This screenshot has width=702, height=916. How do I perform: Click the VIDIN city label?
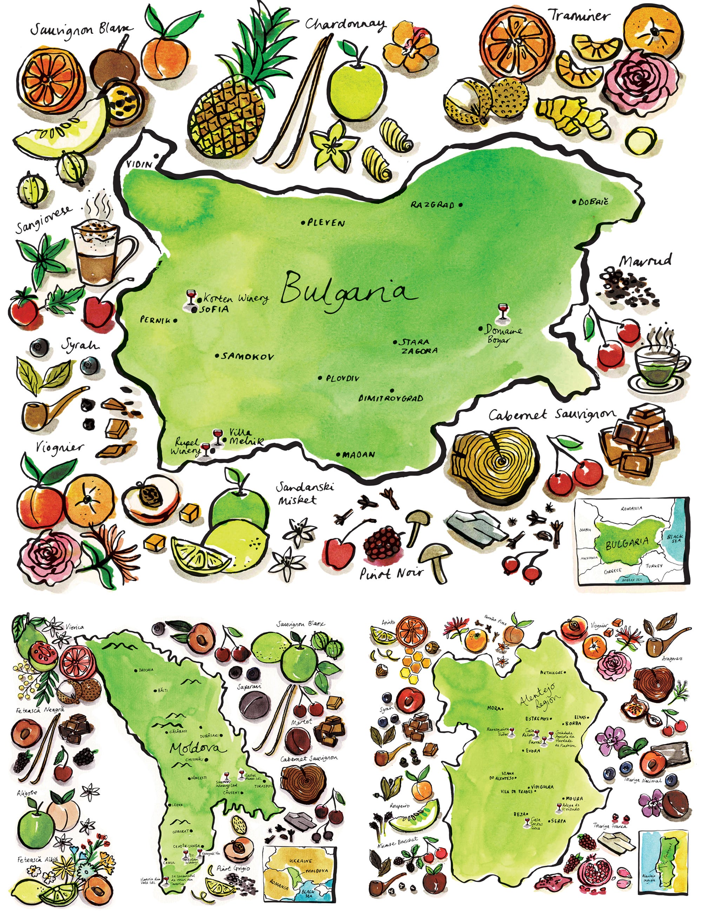pos(139,165)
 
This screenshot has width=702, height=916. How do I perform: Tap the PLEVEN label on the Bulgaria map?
pos(326,223)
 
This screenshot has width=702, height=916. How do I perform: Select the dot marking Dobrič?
pos(575,202)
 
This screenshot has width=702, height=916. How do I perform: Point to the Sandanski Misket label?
pos(305,493)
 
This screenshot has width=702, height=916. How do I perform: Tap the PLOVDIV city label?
pos(342,378)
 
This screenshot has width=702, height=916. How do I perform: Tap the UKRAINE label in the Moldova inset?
pos(300,861)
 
